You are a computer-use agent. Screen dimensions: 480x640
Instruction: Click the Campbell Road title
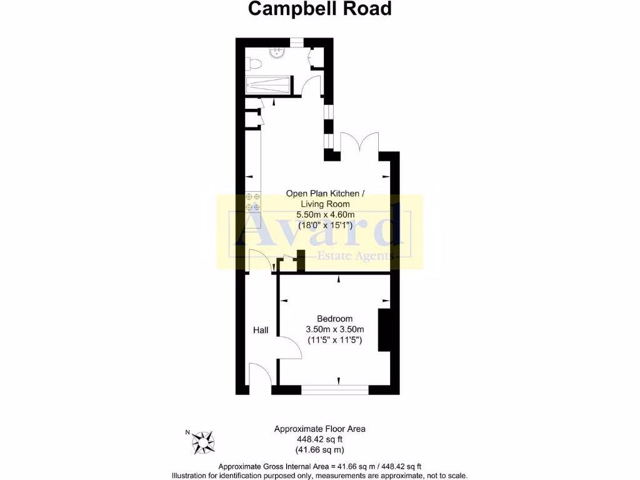click(x=320, y=9)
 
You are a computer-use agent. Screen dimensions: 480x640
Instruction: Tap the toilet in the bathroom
click(x=252, y=64)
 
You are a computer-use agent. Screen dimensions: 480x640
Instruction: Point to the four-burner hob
click(x=253, y=201)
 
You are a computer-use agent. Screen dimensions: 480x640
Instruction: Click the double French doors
click(x=359, y=142)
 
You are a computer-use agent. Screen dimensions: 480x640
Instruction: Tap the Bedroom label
click(x=334, y=318)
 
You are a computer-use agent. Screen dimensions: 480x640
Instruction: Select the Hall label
click(x=261, y=330)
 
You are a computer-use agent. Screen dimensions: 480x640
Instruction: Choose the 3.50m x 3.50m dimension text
click(x=334, y=329)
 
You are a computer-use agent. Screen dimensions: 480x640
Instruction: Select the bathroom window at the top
click(x=296, y=42)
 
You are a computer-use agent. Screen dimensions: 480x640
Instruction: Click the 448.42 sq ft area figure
click(x=319, y=439)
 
